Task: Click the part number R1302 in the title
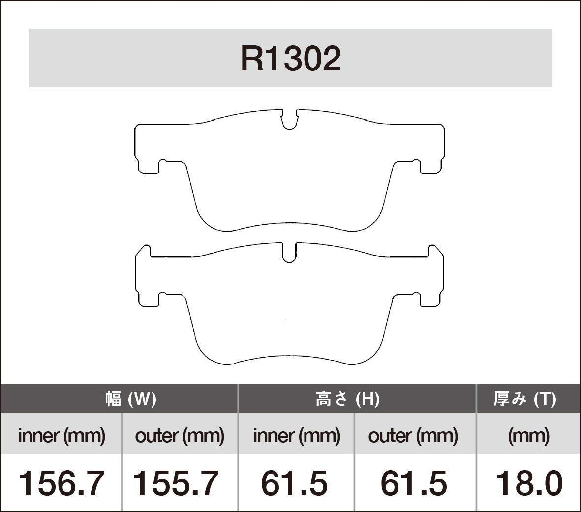click(290, 59)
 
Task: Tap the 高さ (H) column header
click(347, 399)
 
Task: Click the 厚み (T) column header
click(525, 399)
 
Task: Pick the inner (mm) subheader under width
click(61, 436)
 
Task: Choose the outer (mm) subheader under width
click(180, 436)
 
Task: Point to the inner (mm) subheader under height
click(297, 436)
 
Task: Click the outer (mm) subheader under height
click(413, 436)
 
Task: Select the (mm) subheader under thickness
click(528, 436)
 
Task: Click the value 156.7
click(61, 483)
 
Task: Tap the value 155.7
click(176, 483)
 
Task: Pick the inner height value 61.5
click(294, 483)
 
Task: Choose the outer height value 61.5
click(414, 483)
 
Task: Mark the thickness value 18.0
click(528, 483)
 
